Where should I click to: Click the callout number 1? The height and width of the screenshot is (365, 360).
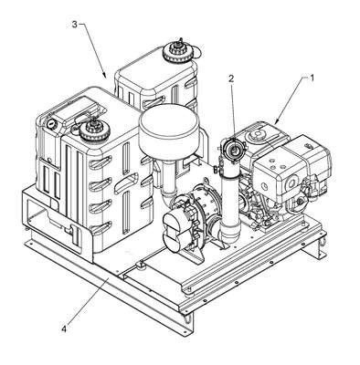coord(311,78)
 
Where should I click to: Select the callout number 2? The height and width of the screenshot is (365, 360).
coord(231,78)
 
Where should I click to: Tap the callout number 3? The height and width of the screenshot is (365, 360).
coord(75,25)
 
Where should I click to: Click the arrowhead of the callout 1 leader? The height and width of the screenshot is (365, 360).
coord(277,121)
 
